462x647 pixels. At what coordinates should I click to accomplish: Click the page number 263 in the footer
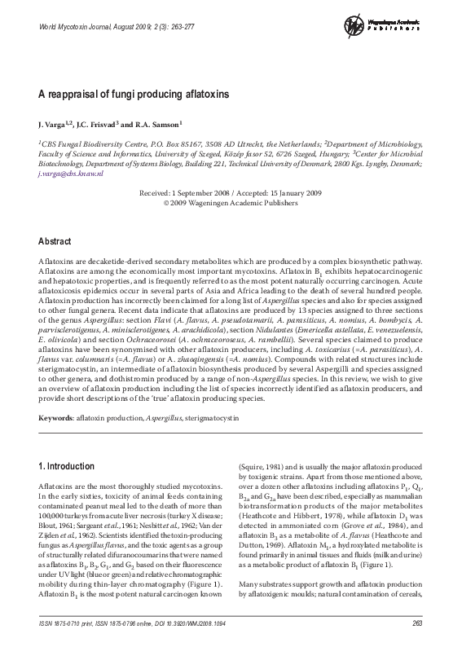[x=417, y=624]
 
